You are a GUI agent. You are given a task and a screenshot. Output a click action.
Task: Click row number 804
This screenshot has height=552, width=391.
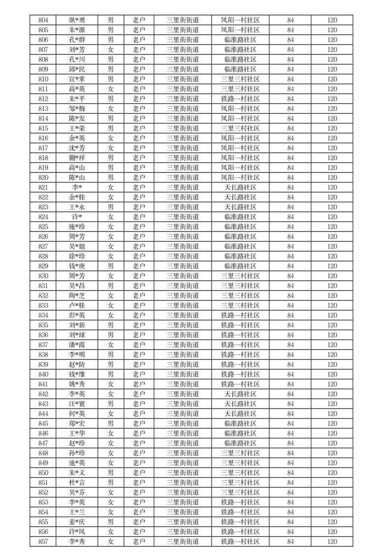click(x=43, y=20)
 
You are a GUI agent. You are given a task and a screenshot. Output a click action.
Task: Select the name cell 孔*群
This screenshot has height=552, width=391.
click(x=77, y=40)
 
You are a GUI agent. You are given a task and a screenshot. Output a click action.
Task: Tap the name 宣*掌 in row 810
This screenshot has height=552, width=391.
click(x=77, y=79)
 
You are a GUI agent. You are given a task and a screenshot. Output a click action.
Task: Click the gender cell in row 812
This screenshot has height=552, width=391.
click(x=111, y=99)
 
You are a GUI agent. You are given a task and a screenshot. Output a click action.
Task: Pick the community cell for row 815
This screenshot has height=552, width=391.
click(x=240, y=128)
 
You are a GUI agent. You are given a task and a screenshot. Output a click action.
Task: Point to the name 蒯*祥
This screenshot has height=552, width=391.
click(x=77, y=158)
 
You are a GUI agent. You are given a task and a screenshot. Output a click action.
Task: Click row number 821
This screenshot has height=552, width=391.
click(x=43, y=187)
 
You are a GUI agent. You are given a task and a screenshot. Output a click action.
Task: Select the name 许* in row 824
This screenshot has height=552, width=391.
click(x=77, y=217)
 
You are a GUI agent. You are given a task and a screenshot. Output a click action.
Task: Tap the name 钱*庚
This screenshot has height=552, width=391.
click(x=77, y=266)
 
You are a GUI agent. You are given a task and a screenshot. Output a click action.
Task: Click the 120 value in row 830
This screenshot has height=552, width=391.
click(x=332, y=276)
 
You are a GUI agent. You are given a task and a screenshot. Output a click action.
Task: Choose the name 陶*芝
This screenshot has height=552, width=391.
click(x=77, y=296)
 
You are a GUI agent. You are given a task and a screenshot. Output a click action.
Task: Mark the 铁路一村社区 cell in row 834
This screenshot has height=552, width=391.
click(x=240, y=315)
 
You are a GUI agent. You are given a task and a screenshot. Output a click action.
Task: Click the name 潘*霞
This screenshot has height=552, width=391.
click(x=77, y=345)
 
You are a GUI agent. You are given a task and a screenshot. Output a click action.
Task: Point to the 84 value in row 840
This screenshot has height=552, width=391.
click(x=291, y=374)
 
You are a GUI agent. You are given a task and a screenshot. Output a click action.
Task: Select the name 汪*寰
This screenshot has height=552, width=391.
click(x=77, y=404)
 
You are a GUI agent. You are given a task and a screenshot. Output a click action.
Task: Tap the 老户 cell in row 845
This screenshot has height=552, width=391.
click(x=139, y=424)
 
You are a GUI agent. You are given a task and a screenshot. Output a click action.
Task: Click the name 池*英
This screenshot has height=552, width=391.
click(x=77, y=463)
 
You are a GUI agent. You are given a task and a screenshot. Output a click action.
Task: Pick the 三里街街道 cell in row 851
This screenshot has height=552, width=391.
click(x=183, y=483)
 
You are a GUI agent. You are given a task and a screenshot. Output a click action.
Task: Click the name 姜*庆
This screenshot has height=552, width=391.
click(x=77, y=522)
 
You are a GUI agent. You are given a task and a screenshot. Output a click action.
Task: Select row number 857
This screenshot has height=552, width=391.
click(x=43, y=542)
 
